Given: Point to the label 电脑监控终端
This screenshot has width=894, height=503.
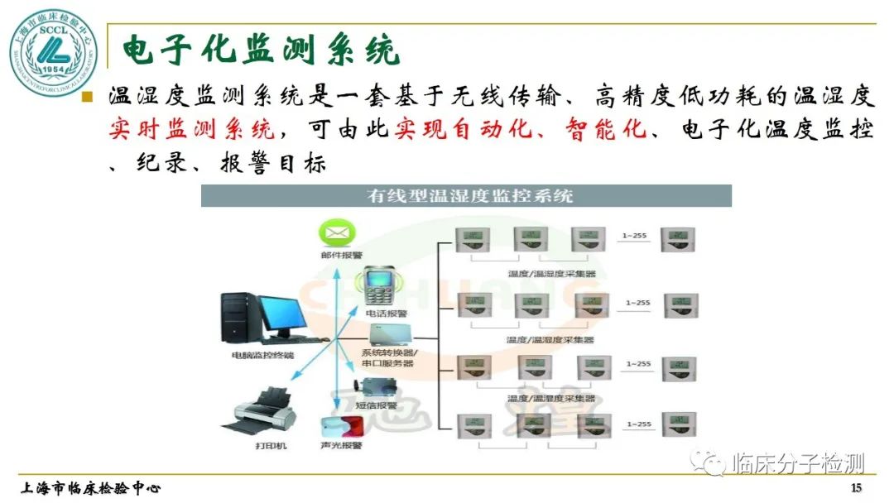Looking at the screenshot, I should pos(262,356).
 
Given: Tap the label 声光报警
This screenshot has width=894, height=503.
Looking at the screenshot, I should pos(342,446).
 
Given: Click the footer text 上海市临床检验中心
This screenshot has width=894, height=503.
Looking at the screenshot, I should pos(91,487).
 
